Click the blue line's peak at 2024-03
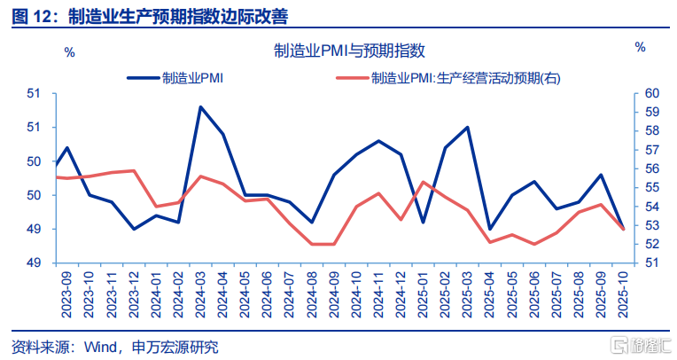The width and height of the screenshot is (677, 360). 201,107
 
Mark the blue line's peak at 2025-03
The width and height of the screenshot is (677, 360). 467,128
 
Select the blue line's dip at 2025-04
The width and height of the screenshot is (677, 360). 489,229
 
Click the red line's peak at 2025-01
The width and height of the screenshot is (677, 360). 424,182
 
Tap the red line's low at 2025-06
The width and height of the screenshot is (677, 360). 533,244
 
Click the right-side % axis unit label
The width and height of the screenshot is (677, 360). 640,46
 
